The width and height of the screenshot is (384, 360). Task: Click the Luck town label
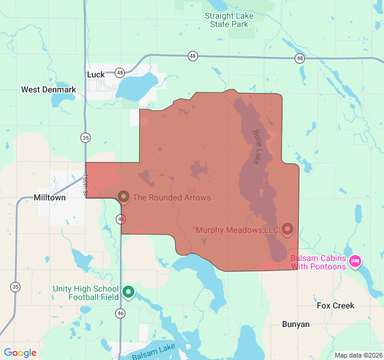pyautogui.click(x=96, y=74)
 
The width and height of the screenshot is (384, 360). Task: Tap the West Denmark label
pyautogui.click(x=49, y=90)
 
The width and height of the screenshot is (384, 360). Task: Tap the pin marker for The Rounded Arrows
pyautogui.click(x=124, y=196)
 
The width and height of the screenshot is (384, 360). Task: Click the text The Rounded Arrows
pyautogui.click(x=172, y=197)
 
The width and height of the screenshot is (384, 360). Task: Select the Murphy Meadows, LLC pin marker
pyautogui.click(x=287, y=229)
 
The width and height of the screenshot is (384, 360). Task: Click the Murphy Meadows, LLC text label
pyautogui.click(x=238, y=230)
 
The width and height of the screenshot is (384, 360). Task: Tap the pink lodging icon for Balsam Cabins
pyautogui.click(x=355, y=261)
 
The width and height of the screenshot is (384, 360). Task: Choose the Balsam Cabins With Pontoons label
pyautogui.click(x=318, y=262)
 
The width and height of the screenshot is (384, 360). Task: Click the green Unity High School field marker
pyautogui.click(x=128, y=292)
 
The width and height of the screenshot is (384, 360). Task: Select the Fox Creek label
pyautogui.click(x=335, y=305)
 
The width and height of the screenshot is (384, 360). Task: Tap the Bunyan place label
pyautogui.click(x=296, y=324)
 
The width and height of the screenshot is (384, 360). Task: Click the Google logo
pyautogui.click(x=20, y=353)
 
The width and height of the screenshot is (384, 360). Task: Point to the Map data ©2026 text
pyautogui.click(x=358, y=355)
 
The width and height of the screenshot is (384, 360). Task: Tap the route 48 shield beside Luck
pyautogui.click(x=120, y=73)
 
